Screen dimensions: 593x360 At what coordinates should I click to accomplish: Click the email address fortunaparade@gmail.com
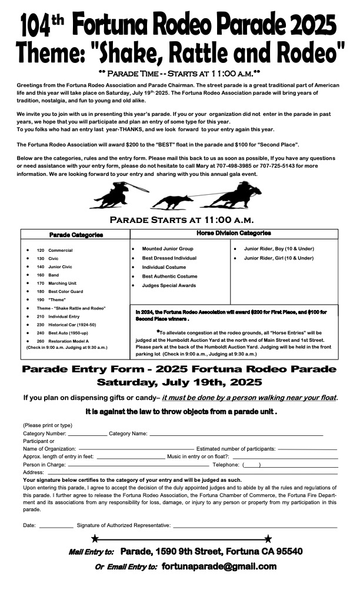pos(219,567)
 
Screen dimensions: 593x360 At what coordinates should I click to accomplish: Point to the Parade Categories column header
pos(76,235)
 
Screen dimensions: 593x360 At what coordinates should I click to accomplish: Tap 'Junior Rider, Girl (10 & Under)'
pos(278,258)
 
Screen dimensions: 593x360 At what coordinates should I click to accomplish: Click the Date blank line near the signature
pos(56,525)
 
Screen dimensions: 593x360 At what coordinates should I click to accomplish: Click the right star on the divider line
pos(268,538)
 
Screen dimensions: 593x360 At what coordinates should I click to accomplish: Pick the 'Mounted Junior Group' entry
pos(167,249)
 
